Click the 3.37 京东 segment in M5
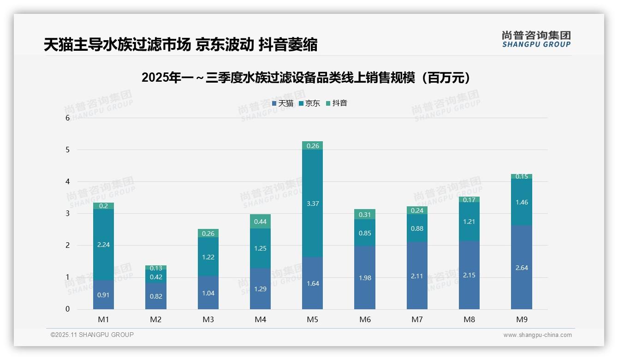tap(312, 203)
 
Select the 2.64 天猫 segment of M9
tap(521, 267)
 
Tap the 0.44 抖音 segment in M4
tap(260, 222)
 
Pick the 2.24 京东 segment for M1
tap(103, 245)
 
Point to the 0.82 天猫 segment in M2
tap(156, 296)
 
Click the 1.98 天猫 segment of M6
tap(364, 278)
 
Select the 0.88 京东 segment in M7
tap(417, 228)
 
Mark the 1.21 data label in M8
tap(469, 222)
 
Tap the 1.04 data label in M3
tap(208, 293)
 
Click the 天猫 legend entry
tap(283, 103)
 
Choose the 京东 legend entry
tap(309, 103)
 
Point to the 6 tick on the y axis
tap(67, 118)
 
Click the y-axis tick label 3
tap(67, 213)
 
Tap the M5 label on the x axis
tap(312, 319)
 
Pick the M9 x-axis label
tap(521, 319)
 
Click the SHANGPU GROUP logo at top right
tap(536, 39)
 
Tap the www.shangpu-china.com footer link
tap(537, 335)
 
